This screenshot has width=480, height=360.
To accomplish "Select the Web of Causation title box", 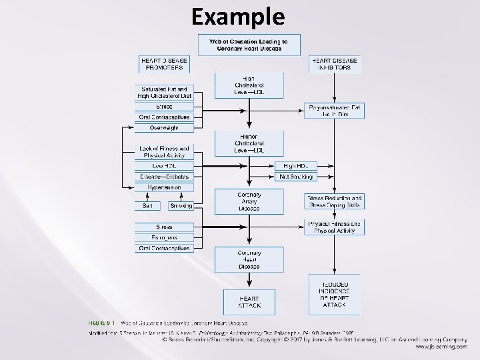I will (249, 45).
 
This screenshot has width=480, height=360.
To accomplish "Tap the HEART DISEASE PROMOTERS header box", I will (164, 63).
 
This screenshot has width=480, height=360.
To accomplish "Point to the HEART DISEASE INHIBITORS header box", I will (335, 63).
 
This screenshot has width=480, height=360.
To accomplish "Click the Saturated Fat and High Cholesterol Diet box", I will (164, 92).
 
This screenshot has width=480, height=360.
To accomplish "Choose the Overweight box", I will (164, 127).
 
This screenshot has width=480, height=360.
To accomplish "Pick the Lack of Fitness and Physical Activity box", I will (164, 152).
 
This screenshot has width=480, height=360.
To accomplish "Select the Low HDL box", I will (164, 165).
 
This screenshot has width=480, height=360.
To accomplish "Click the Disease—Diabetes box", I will (164, 177).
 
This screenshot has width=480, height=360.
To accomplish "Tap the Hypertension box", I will (164, 188).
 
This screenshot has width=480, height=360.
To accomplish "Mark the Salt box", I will (147, 206).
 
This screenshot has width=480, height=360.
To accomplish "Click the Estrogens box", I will (164, 237).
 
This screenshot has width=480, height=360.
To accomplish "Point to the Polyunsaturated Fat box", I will (335, 111).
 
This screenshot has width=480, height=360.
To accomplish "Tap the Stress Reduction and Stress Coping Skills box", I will (335, 202).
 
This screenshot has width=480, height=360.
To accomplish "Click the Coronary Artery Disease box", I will (249, 201).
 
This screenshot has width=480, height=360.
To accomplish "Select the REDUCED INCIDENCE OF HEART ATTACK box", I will (334, 294).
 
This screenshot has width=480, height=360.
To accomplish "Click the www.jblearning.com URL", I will (441, 347).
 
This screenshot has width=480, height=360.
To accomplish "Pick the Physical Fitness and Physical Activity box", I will (335, 227).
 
